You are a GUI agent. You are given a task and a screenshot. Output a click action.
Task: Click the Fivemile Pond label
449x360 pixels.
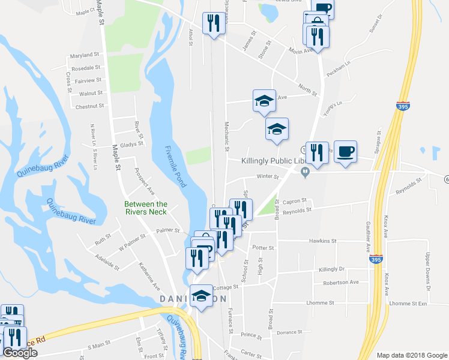tap(175, 164)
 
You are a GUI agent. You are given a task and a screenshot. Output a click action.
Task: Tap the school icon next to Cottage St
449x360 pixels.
tap(201, 296)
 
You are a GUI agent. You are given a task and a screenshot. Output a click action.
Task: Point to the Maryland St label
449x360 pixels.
tap(84, 55)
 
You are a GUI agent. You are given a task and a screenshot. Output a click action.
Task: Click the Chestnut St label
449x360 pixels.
tap(89, 106)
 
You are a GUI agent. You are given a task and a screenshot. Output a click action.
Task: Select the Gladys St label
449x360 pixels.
tap(131, 144)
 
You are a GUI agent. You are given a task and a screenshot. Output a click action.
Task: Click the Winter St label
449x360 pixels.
tap(268, 177)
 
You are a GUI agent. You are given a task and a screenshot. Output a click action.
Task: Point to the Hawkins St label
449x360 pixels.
tap(321, 241)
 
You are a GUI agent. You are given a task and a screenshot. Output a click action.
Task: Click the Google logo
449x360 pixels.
tap(19, 353)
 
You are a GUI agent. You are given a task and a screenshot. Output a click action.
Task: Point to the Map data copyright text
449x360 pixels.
tap(412, 355)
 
